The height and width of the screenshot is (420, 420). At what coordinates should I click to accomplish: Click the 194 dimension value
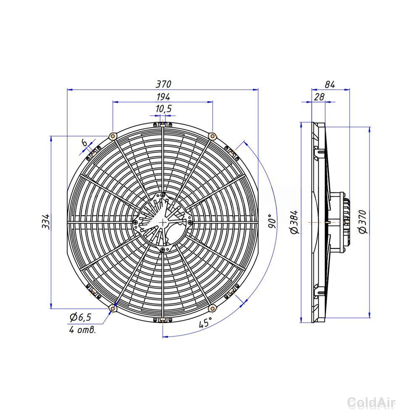(x=163, y=97)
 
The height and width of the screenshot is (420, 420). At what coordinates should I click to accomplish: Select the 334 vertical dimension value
(x=46, y=221)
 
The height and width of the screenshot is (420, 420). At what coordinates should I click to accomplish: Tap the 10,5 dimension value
(x=163, y=109)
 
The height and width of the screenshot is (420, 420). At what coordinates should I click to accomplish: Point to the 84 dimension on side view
(x=330, y=84)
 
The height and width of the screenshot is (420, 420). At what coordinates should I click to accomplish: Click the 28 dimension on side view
(x=319, y=97)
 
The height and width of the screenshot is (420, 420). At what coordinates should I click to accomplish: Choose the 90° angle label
(x=272, y=221)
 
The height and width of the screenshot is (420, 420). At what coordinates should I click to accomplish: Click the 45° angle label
(x=205, y=322)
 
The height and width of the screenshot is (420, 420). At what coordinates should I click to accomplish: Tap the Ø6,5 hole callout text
(x=80, y=317)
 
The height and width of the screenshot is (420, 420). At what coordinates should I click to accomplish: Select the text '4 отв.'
(x=82, y=329)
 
